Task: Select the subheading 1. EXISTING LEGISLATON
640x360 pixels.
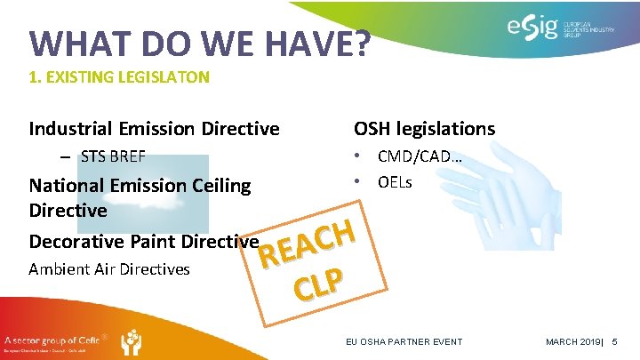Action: click(119, 77)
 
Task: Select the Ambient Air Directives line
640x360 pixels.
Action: click(109, 268)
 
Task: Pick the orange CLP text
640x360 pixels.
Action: click(319, 284)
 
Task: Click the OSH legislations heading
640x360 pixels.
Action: click(424, 129)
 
